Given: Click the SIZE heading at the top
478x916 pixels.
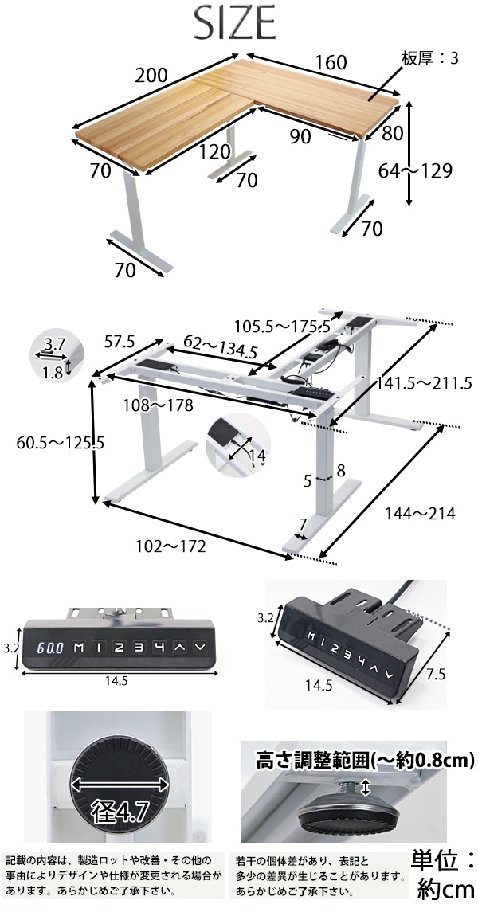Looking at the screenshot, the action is pos(234,22).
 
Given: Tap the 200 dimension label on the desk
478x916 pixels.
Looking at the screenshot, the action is pos(151,76).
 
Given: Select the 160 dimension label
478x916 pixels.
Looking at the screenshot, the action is pos(331,62).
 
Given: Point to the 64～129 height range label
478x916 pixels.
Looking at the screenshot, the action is pos(415,171).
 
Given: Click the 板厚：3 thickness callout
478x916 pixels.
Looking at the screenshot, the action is pos(430,58).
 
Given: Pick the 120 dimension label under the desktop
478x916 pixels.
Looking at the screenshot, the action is pos(214,152).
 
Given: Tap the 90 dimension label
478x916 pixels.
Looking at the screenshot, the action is pos(300,136).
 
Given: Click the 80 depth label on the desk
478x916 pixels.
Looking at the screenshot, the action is pos(393,133).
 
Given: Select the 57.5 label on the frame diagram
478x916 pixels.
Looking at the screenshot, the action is pos(119,341).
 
